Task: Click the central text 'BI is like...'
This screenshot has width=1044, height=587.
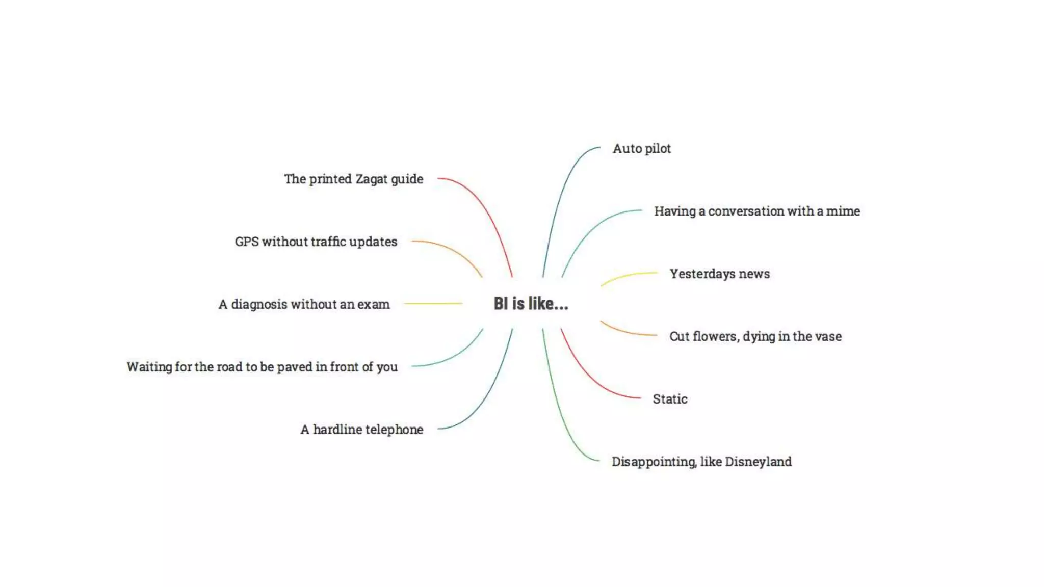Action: pos(530,304)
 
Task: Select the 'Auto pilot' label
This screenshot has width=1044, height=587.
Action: pos(641,149)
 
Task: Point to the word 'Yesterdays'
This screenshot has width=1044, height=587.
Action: pos(702,274)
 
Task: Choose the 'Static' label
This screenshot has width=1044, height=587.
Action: pos(670,399)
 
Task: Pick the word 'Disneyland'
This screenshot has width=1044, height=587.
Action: pos(758,462)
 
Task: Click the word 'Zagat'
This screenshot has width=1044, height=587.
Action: pos(371,179)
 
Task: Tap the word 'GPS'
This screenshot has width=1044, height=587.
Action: pos(247,242)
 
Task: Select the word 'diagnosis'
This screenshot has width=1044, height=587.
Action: pos(259,305)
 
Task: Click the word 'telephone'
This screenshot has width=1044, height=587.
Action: pos(394,430)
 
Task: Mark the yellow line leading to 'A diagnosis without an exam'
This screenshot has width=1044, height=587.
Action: pos(433,304)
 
